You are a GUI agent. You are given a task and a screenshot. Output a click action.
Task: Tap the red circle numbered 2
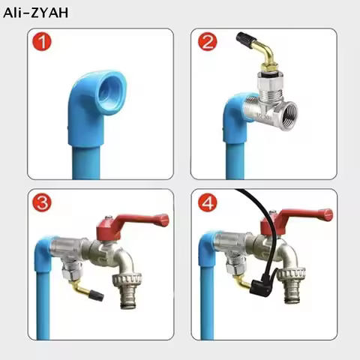(208, 43)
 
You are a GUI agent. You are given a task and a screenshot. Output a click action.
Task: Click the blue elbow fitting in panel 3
(46, 247)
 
